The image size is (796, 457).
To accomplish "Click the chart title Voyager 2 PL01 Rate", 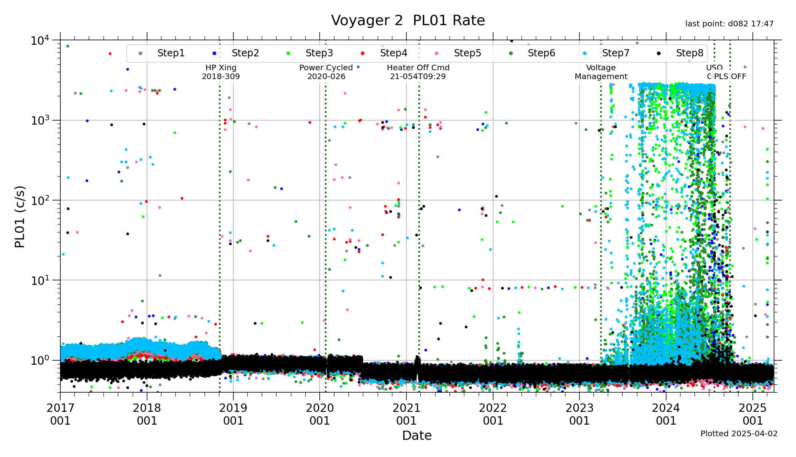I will (408, 20).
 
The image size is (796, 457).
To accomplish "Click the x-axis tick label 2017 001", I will (60, 414).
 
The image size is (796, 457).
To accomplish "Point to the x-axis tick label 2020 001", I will (320, 414).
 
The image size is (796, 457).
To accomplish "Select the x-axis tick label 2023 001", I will (579, 414).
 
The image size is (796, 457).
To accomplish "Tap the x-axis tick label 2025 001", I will (753, 414).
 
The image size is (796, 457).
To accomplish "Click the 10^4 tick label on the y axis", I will (40, 40).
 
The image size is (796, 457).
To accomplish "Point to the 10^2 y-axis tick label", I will (40, 201).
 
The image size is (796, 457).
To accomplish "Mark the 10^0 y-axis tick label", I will (40, 360).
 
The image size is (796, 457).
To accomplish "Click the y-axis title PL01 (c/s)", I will (20, 217).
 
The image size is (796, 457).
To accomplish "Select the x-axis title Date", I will (417, 435).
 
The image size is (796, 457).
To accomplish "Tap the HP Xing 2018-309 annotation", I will (221, 72).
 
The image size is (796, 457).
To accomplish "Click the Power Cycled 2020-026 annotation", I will (326, 72).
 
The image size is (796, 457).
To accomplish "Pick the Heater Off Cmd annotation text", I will (418, 72).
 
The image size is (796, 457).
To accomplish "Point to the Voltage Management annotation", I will (601, 72).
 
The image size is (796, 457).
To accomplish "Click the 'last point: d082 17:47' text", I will (729, 24).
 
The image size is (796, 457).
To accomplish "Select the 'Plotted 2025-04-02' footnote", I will (739, 434).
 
